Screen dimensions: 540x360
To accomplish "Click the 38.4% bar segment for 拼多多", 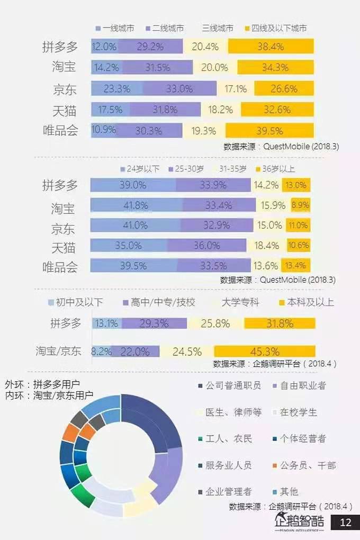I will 271,47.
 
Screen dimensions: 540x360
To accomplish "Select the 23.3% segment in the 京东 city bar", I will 116,88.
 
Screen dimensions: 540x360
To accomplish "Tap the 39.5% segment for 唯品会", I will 269,131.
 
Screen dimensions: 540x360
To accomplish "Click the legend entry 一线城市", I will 116,28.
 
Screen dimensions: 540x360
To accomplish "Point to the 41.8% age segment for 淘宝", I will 136,205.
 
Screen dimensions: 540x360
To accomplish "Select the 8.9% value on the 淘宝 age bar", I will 300,205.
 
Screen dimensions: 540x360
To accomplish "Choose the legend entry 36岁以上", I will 275,169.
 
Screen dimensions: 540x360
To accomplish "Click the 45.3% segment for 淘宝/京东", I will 265,351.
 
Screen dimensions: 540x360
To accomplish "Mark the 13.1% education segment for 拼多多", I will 105,323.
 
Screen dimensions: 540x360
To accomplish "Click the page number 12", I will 345,523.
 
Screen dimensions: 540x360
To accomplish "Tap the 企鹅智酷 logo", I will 299,522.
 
